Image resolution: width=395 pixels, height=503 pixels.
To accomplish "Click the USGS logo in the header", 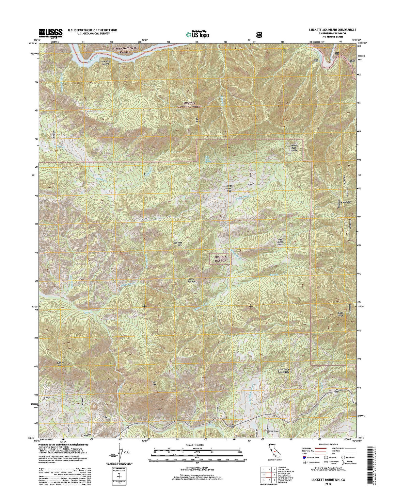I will click(x=51, y=32).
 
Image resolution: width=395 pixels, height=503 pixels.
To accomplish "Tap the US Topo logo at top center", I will click(x=197, y=34).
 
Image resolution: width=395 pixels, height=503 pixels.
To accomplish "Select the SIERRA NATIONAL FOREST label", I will click(x=125, y=50).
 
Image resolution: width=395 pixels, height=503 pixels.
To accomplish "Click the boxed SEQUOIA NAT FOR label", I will click(x=220, y=259).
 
